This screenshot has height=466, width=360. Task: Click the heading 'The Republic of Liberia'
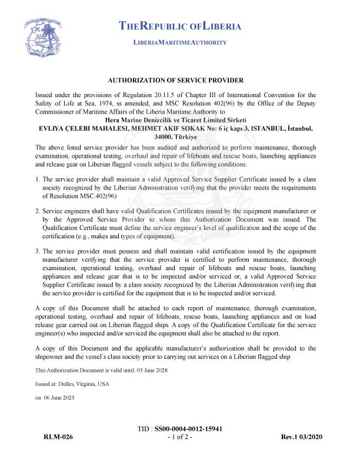(180, 26)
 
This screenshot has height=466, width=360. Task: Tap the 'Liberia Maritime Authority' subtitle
(180, 43)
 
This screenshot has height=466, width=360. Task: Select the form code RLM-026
(58, 438)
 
